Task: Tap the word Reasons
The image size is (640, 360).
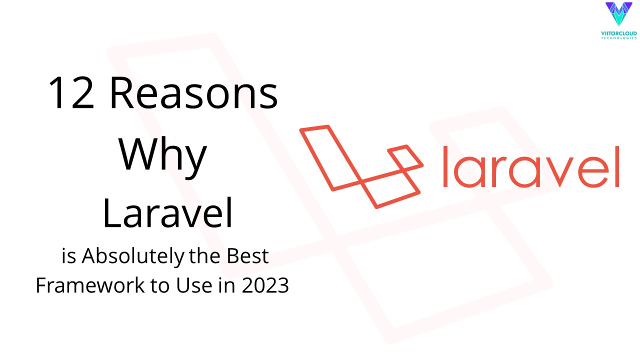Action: [x=193, y=93]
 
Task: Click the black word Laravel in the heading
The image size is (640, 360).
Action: [x=168, y=212]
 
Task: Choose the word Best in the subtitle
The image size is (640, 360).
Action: [x=247, y=256]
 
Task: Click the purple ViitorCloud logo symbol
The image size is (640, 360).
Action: [x=618, y=14]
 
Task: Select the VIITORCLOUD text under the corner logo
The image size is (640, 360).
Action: [x=619, y=33]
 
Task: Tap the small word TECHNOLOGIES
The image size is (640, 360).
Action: [x=619, y=38]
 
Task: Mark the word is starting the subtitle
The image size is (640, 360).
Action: [x=68, y=256]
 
